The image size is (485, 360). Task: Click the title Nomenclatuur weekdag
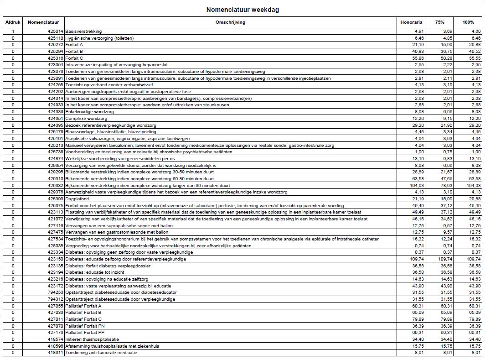pos(242,10)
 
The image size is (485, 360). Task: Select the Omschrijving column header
pos(230,22)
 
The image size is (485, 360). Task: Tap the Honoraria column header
pos(411,22)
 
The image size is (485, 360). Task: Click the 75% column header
pos(439,22)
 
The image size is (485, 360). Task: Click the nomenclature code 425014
pos(56,31)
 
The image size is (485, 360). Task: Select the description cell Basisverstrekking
pos(83,31)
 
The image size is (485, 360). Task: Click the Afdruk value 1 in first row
pos(13,31)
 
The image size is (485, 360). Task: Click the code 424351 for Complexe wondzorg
pos(56,119)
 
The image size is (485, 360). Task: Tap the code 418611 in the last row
pos(56,353)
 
